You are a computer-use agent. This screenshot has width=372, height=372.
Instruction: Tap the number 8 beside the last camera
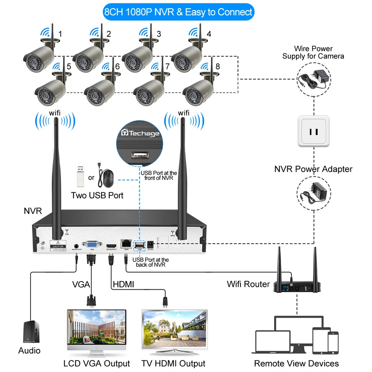(218, 66)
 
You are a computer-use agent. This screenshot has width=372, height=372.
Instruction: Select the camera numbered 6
(99, 89)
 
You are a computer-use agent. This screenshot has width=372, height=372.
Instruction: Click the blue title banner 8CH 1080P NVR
(178, 12)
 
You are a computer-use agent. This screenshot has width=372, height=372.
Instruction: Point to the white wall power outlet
(314, 131)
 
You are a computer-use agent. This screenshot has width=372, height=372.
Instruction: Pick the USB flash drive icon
(79, 177)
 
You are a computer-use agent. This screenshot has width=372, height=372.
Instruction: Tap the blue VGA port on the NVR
(92, 244)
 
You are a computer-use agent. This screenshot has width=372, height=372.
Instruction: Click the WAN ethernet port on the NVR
(126, 244)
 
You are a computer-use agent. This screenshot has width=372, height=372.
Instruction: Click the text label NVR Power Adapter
(313, 169)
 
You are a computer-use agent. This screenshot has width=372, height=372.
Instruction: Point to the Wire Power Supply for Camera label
(313, 52)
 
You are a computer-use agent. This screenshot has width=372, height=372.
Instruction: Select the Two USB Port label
(97, 195)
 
